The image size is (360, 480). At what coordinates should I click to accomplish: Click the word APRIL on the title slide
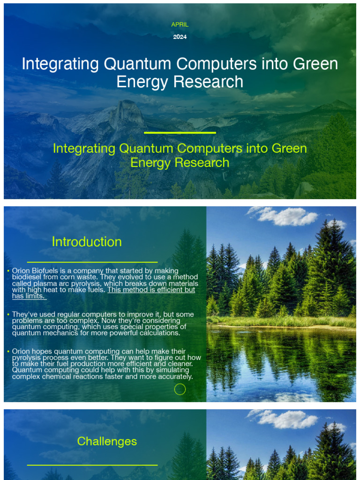point(180,24)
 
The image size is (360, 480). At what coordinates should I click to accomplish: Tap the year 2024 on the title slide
point(180,37)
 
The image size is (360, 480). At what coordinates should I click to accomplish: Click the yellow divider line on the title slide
point(180,133)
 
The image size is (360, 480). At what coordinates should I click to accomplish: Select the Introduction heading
point(87,242)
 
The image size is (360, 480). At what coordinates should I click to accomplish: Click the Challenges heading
point(107,441)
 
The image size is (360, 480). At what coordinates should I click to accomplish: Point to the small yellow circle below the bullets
point(180,389)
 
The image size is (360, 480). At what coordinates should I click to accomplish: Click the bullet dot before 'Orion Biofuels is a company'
point(8,271)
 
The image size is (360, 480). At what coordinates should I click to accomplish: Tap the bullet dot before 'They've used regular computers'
point(8,315)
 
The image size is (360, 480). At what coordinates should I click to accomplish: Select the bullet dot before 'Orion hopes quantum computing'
point(8,352)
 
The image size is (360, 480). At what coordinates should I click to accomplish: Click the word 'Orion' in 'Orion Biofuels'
point(21,270)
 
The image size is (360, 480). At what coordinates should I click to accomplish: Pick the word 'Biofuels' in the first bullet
point(46,270)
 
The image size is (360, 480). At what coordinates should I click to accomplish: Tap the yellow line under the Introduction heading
point(92,262)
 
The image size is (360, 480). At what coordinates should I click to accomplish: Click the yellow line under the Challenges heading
point(92,465)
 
